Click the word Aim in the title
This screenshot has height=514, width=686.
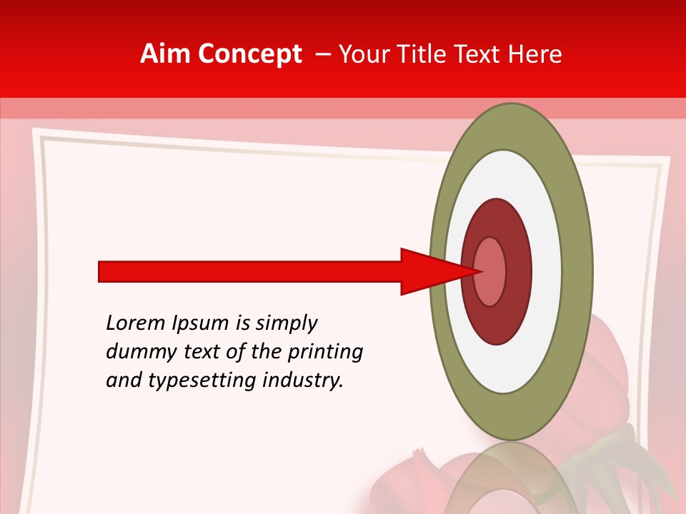(165, 54)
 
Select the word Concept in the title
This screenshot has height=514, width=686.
(250, 54)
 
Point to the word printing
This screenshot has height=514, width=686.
(326, 353)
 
